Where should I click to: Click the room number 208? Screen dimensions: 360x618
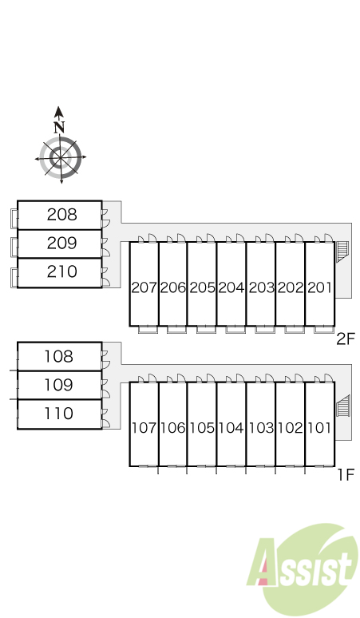pyautogui.click(x=61, y=215)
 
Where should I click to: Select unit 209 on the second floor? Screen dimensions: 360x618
pyautogui.click(x=61, y=244)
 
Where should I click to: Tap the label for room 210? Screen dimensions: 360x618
pyautogui.click(x=61, y=272)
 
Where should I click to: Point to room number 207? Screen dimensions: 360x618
pyautogui.click(x=144, y=287)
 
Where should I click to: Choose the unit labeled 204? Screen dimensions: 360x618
pyautogui.click(x=231, y=287)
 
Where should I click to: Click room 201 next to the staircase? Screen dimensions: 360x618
pyautogui.click(x=319, y=287)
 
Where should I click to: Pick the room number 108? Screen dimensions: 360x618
pyautogui.click(x=59, y=356)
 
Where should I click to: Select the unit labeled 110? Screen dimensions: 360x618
pyautogui.click(x=59, y=414)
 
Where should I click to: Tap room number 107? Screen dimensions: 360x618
pyautogui.click(x=144, y=428)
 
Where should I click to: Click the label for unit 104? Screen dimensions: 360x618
pyautogui.click(x=231, y=428)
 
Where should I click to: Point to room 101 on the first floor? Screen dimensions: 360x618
pyautogui.click(x=319, y=428)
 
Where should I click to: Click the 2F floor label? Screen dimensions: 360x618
pyautogui.click(x=346, y=339)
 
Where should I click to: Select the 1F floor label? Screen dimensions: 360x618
pyautogui.click(x=346, y=474)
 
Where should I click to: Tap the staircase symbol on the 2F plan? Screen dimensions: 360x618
pyautogui.click(x=342, y=252)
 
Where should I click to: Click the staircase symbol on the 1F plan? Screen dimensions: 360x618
pyautogui.click(x=342, y=406)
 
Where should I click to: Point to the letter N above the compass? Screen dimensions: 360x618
pyautogui.click(x=59, y=127)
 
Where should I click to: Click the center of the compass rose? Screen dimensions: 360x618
pyautogui.click(x=60, y=157)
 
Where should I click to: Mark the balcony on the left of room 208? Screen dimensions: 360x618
pyautogui.click(x=14, y=219)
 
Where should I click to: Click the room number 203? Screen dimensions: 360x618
pyautogui.click(x=261, y=287)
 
